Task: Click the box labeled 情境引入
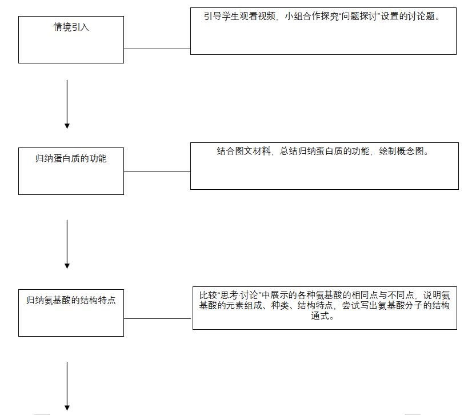[71, 39]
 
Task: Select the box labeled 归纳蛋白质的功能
[71, 171]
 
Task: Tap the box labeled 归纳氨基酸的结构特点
[71, 312]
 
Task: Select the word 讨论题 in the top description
[423, 17]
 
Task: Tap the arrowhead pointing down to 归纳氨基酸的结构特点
[67, 265]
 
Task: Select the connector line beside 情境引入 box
[157, 49]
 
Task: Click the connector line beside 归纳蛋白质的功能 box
[157, 171]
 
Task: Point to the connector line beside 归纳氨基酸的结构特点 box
[158, 318]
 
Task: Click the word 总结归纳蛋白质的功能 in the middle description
[324, 151]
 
